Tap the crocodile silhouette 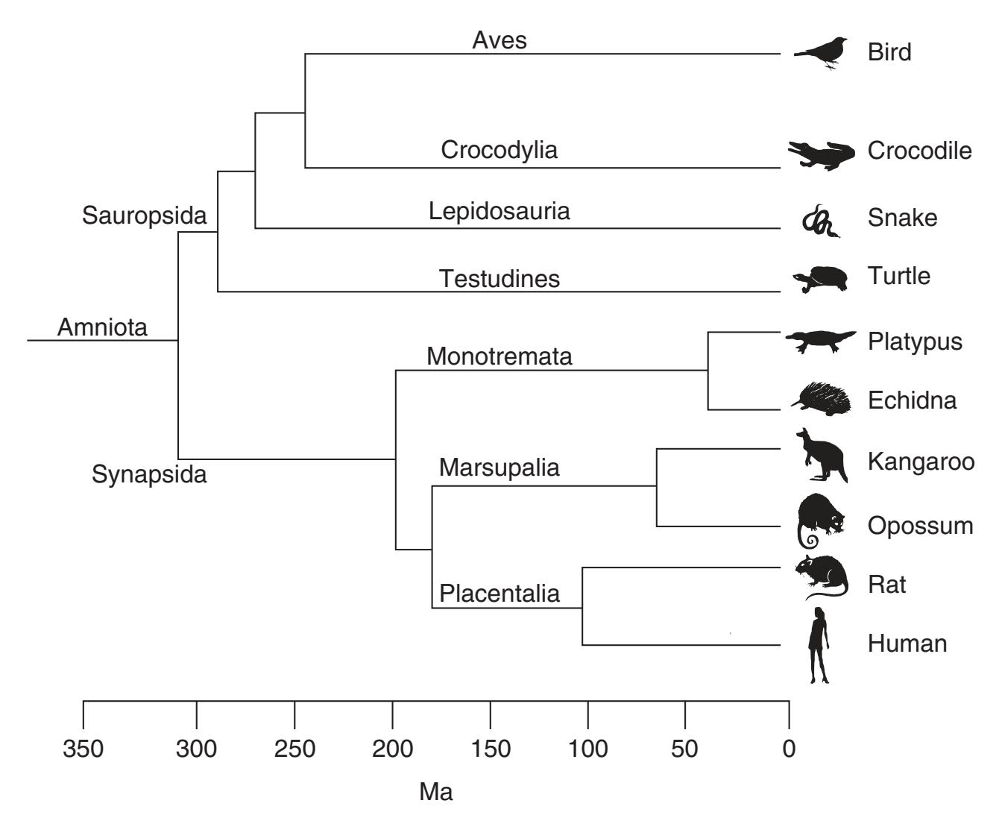(x=821, y=154)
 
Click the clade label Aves (x=499, y=40)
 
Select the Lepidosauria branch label (x=499, y=211)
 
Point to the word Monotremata (x=499, y=356)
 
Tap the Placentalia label (x=499, y=594)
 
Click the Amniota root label (x=102, y=327)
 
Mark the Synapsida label (x=149, y=474)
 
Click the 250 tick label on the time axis (x=294, y=748)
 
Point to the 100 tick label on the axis (x=587, y=748)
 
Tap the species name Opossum (x=920, y=526)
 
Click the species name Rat (x=886, y=584)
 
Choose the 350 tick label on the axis (x=83, y=748)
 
